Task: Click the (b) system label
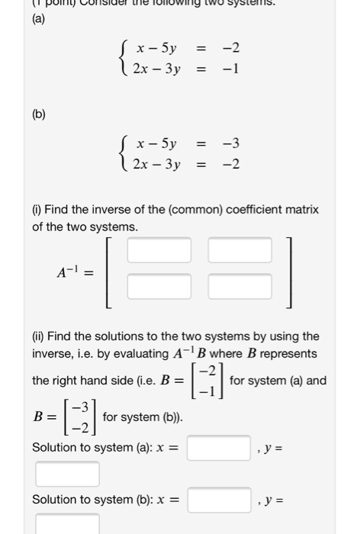39,114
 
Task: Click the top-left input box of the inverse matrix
159,250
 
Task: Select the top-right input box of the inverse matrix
239,250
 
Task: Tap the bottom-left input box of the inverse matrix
159,286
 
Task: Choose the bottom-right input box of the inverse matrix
239,286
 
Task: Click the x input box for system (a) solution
219,448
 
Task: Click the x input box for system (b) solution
219,500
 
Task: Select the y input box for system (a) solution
67,474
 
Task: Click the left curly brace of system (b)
124,153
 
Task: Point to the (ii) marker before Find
39,336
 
